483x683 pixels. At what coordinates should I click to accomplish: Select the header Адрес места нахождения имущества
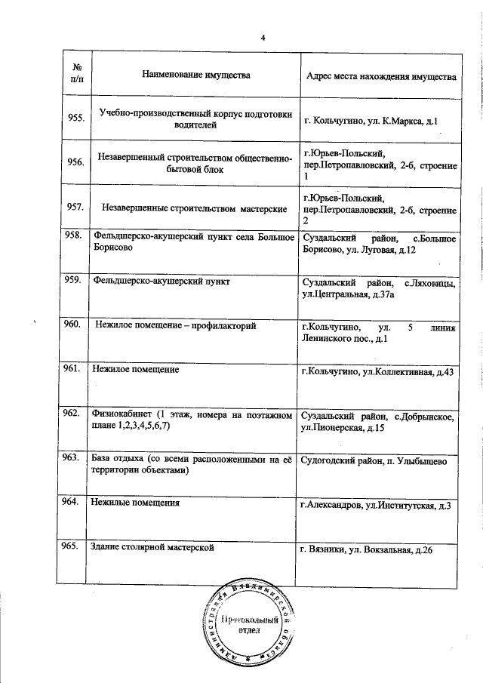[x=380, y=77]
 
